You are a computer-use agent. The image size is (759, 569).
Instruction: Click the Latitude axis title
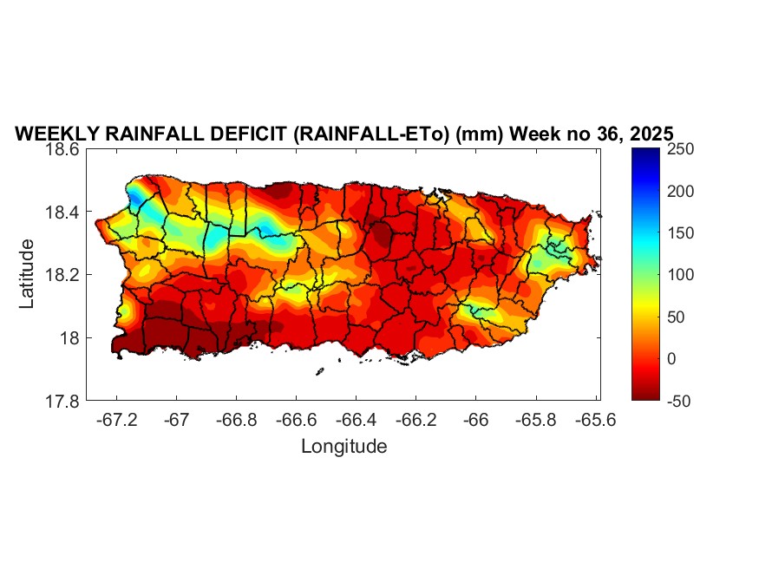click(28, 273)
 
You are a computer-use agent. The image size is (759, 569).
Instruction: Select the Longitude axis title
click(344, 447)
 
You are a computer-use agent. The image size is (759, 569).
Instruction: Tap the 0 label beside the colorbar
click(670, 358)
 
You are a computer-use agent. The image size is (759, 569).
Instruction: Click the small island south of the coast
click(319, 372)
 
